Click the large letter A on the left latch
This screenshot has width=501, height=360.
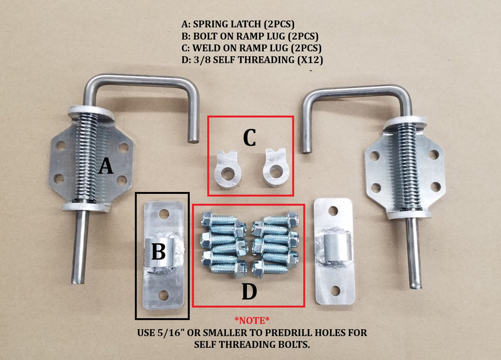[106, 167]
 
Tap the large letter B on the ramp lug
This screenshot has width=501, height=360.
[159, 251]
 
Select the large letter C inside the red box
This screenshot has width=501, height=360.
[250, 137]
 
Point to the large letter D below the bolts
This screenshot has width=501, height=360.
[249, 291]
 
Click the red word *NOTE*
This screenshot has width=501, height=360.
[252, 320]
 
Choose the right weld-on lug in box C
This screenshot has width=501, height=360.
[276, 167]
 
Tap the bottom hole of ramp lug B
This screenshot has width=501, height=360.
[163, 295]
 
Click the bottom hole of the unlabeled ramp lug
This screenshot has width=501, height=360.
[335, 291]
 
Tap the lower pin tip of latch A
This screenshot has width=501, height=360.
[77, 281]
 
